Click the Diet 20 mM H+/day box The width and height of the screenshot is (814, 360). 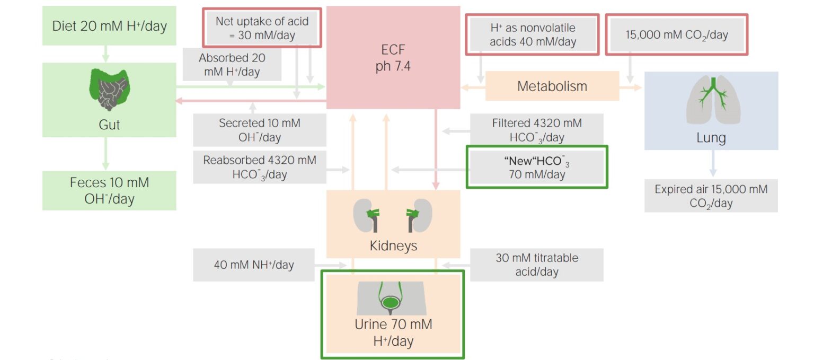[109, 26]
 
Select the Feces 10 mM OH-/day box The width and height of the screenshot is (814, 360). [109, 191]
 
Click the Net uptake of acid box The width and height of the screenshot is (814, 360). [262, 28]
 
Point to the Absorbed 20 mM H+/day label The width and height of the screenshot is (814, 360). [232, 65]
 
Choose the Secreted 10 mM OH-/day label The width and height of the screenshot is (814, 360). [259, 130]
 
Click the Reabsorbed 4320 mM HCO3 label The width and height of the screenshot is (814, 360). [259, 167]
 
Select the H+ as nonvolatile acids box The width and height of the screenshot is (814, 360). [532, 34]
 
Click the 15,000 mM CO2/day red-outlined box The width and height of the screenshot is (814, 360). [677, 35]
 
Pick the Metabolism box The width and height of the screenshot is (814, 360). [552, 86]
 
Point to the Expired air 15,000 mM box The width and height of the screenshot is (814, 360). [711, 196]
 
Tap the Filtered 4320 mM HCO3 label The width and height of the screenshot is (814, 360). [536, 130]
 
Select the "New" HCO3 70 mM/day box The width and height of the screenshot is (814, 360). [536, 167]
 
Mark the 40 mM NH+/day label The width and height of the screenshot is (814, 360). [254, 265]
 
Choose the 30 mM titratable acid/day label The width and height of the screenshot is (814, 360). [536, 265]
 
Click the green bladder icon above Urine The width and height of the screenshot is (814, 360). [391, 302]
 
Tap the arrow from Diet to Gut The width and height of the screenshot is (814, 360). [105, 53]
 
